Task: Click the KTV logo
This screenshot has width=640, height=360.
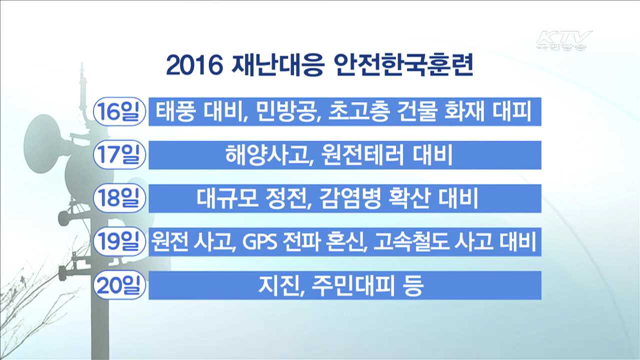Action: coord(563,40)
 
